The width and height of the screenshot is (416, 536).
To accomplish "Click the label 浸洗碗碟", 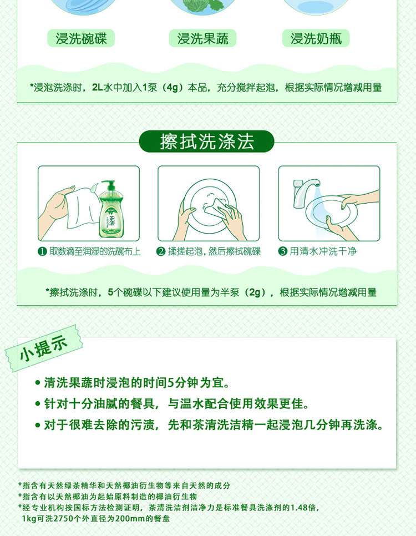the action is tap(81, 39).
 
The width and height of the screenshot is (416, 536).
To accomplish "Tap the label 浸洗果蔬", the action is tap(202, 39).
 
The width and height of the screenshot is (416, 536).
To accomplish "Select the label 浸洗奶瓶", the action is tap(316, 39).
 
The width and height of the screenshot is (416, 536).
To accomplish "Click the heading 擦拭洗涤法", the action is tap(207, 141).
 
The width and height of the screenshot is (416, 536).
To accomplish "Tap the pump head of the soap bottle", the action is tap(109, 185).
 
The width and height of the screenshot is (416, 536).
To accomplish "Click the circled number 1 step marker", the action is tap(42, 251).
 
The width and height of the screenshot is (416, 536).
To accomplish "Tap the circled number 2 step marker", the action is tap(161, 251).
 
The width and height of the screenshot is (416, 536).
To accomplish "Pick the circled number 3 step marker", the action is tap(283, 251).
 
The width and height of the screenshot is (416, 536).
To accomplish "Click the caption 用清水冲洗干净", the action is tap(323, 251).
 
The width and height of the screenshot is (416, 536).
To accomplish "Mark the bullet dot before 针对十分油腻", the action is tap(38, 404).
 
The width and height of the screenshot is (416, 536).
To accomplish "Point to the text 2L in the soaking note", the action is tap(98, 88).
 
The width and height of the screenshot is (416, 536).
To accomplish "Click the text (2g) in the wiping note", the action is tap(255, 292).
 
